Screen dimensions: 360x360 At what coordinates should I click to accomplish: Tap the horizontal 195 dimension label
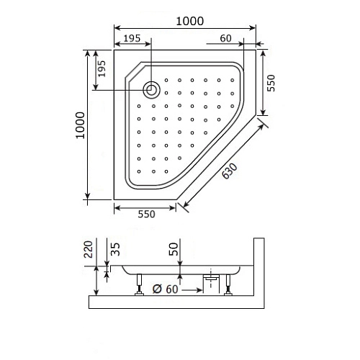click(x=131, y=37)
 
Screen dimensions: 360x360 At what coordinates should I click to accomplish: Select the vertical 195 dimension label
click(x=102, y=69)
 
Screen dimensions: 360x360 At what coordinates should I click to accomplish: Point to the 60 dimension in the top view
click(x=225, y=37)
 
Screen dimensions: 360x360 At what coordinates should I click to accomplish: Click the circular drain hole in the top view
click(x=152, y=89)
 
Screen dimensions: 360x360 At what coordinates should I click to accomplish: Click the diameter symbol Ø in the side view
click(x=156, y=290)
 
